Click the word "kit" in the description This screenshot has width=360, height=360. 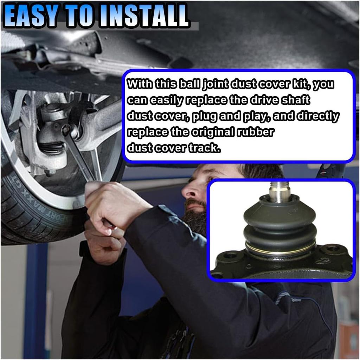300,84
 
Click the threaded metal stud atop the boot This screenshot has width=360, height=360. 280,191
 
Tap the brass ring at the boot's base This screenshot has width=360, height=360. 280,250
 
